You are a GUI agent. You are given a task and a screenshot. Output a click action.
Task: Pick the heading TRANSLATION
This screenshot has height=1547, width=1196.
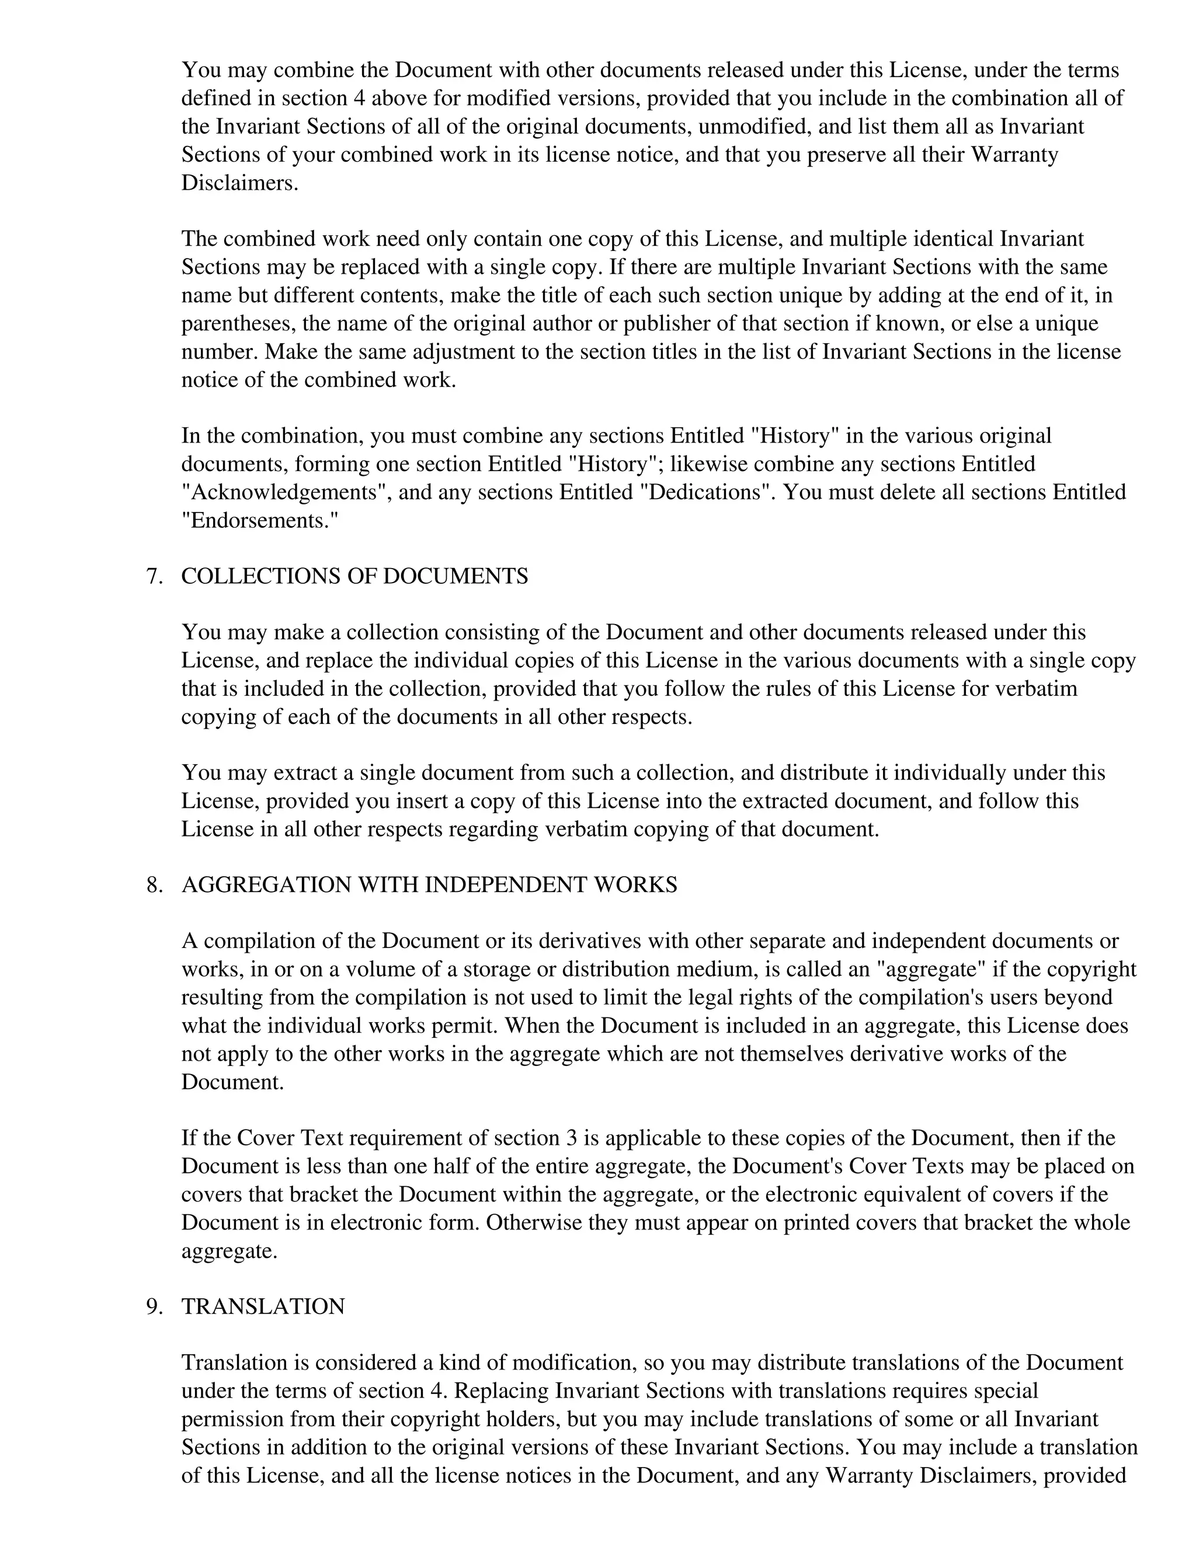pos(263,1307)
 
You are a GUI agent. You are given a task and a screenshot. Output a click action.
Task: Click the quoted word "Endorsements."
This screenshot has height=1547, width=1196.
pos(260,521)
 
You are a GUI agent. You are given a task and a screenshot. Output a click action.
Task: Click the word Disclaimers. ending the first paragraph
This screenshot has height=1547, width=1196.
pos(239,183)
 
